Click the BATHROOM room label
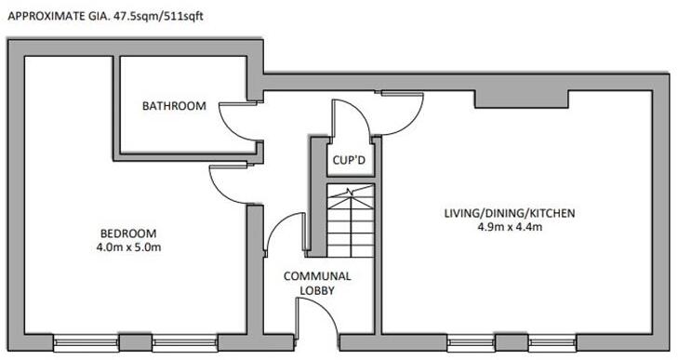click(173, 106)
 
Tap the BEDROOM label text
click(127, 233)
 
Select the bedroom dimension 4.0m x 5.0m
click(127, 247)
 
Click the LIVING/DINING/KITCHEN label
click(509, 213)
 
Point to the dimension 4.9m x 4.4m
click(509, 228)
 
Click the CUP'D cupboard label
click(349, 159)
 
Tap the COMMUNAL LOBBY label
click(317, 283)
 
